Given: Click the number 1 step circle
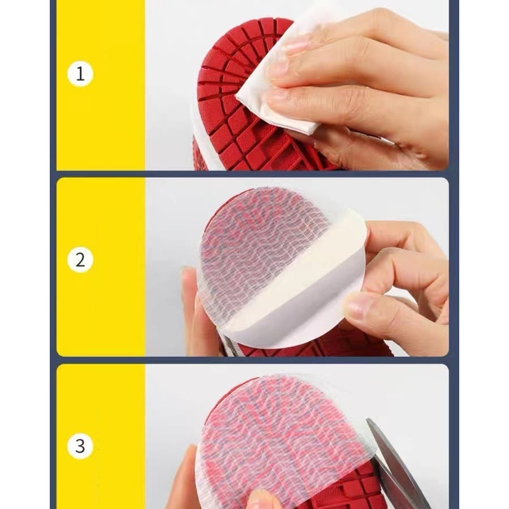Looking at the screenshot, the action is [80, 74].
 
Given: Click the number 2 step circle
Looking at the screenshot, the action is [80, 260].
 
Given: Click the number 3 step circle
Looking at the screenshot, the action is [80, 446].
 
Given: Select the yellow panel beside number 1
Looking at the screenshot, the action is [101, 85].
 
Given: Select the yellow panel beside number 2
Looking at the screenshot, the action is [101, 267].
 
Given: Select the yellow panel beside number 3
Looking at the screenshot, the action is [101, 436].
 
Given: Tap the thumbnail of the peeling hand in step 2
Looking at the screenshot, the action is [356, 306].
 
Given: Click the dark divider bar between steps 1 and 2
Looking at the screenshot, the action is [255, 174].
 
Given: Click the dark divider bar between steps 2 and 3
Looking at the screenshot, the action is [255, 360].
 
